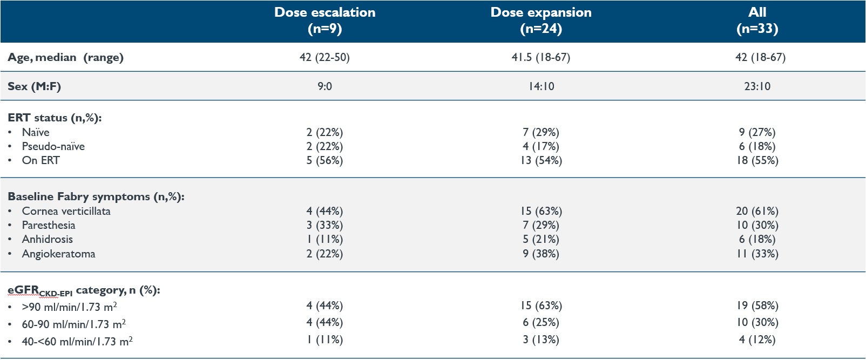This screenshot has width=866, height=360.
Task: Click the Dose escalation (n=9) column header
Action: click(324, 21)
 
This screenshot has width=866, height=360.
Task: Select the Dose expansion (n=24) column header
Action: click(541, 21)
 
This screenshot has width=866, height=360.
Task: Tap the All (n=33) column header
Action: click(757, 21)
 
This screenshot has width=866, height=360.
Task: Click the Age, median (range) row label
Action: click(65, 57)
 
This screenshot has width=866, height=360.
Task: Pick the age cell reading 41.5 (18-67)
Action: click(541, 57)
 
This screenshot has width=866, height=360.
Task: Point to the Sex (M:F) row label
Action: click(34, 86)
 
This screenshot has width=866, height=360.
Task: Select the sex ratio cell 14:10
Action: click(541, 86)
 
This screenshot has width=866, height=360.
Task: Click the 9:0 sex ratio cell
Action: click(324, 86)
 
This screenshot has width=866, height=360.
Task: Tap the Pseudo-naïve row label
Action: click(53, 146)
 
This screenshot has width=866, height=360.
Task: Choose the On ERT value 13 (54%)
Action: click(541, 160)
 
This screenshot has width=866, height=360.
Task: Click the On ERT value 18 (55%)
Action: click(757, 160)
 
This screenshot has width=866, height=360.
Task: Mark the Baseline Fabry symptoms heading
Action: click(96, 196)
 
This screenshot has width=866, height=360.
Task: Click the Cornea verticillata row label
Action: click(66, 211)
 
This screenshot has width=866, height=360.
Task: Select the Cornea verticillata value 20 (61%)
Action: click(757, 211)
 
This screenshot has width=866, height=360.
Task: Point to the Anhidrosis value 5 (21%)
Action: click(541, 239)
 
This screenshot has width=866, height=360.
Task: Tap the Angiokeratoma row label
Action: click(58, 254)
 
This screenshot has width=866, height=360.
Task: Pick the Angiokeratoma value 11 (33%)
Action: click(757, 254)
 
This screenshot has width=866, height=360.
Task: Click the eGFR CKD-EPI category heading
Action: click(84, 290)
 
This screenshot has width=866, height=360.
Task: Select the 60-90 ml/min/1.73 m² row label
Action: click(73, 324)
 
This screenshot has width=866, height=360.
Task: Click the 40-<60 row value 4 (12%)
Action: click(757, 339)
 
